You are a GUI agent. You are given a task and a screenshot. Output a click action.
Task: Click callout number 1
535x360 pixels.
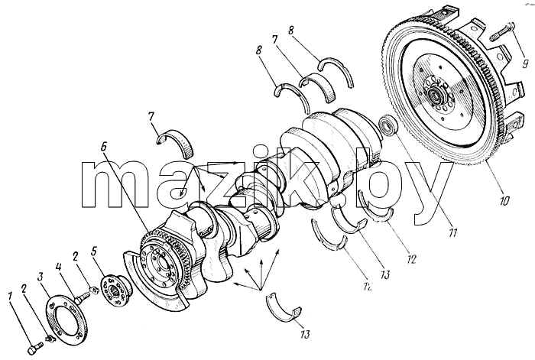11,297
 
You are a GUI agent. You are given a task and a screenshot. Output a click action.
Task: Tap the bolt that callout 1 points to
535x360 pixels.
34,349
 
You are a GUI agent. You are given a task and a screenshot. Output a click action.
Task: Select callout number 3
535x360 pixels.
41,277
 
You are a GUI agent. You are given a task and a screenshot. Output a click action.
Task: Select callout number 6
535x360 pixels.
104,146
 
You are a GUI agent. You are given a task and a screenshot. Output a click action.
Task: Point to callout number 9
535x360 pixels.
525,63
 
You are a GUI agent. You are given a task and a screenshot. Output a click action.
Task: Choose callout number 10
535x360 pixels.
504,200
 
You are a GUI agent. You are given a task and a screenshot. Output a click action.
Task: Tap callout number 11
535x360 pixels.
452,232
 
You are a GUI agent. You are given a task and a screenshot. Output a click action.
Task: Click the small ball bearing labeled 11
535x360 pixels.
388,125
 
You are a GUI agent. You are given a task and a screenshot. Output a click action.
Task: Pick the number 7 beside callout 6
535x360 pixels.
152,118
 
